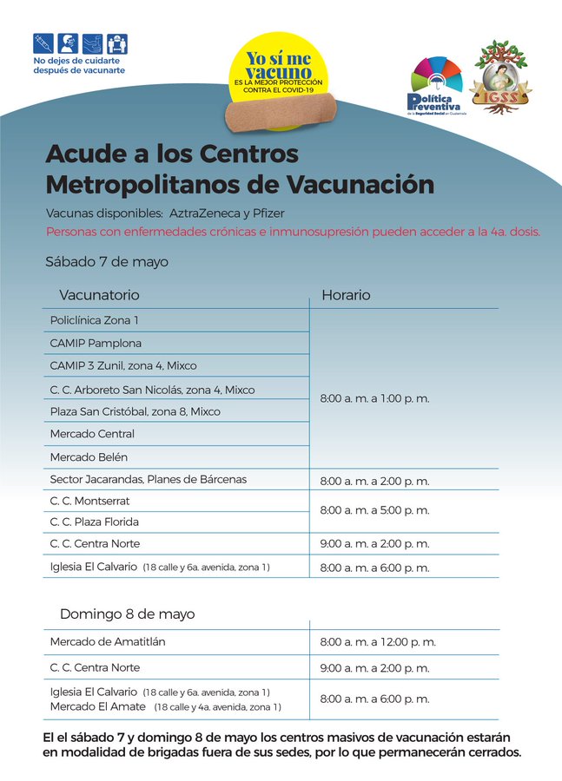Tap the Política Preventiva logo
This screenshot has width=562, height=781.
(439, 86)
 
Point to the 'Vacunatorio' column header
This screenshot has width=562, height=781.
(99, 295)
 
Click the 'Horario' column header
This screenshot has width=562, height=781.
(346, 295)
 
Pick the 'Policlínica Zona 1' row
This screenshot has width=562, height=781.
(94, 320)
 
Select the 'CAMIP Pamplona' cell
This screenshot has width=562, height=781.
(96, 343)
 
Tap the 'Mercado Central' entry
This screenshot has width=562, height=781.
(92, 434)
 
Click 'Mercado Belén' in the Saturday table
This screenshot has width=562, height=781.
(89, 456)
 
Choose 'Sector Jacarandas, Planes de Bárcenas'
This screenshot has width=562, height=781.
(149, 480)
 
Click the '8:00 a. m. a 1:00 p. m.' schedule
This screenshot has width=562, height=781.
(374, 399)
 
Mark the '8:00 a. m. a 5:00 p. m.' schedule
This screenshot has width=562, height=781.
(374, 510)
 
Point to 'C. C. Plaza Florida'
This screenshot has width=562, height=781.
(95, 522)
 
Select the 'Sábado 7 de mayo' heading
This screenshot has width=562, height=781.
(107, 261)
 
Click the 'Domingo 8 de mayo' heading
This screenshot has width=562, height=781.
(127, 614)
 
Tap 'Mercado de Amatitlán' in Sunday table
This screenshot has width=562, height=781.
(108, 642)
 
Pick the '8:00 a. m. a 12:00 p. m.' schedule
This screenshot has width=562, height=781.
(378, 642)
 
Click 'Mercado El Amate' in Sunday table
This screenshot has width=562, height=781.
(99, 707)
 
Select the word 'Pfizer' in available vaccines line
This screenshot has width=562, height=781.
(268, 213)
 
